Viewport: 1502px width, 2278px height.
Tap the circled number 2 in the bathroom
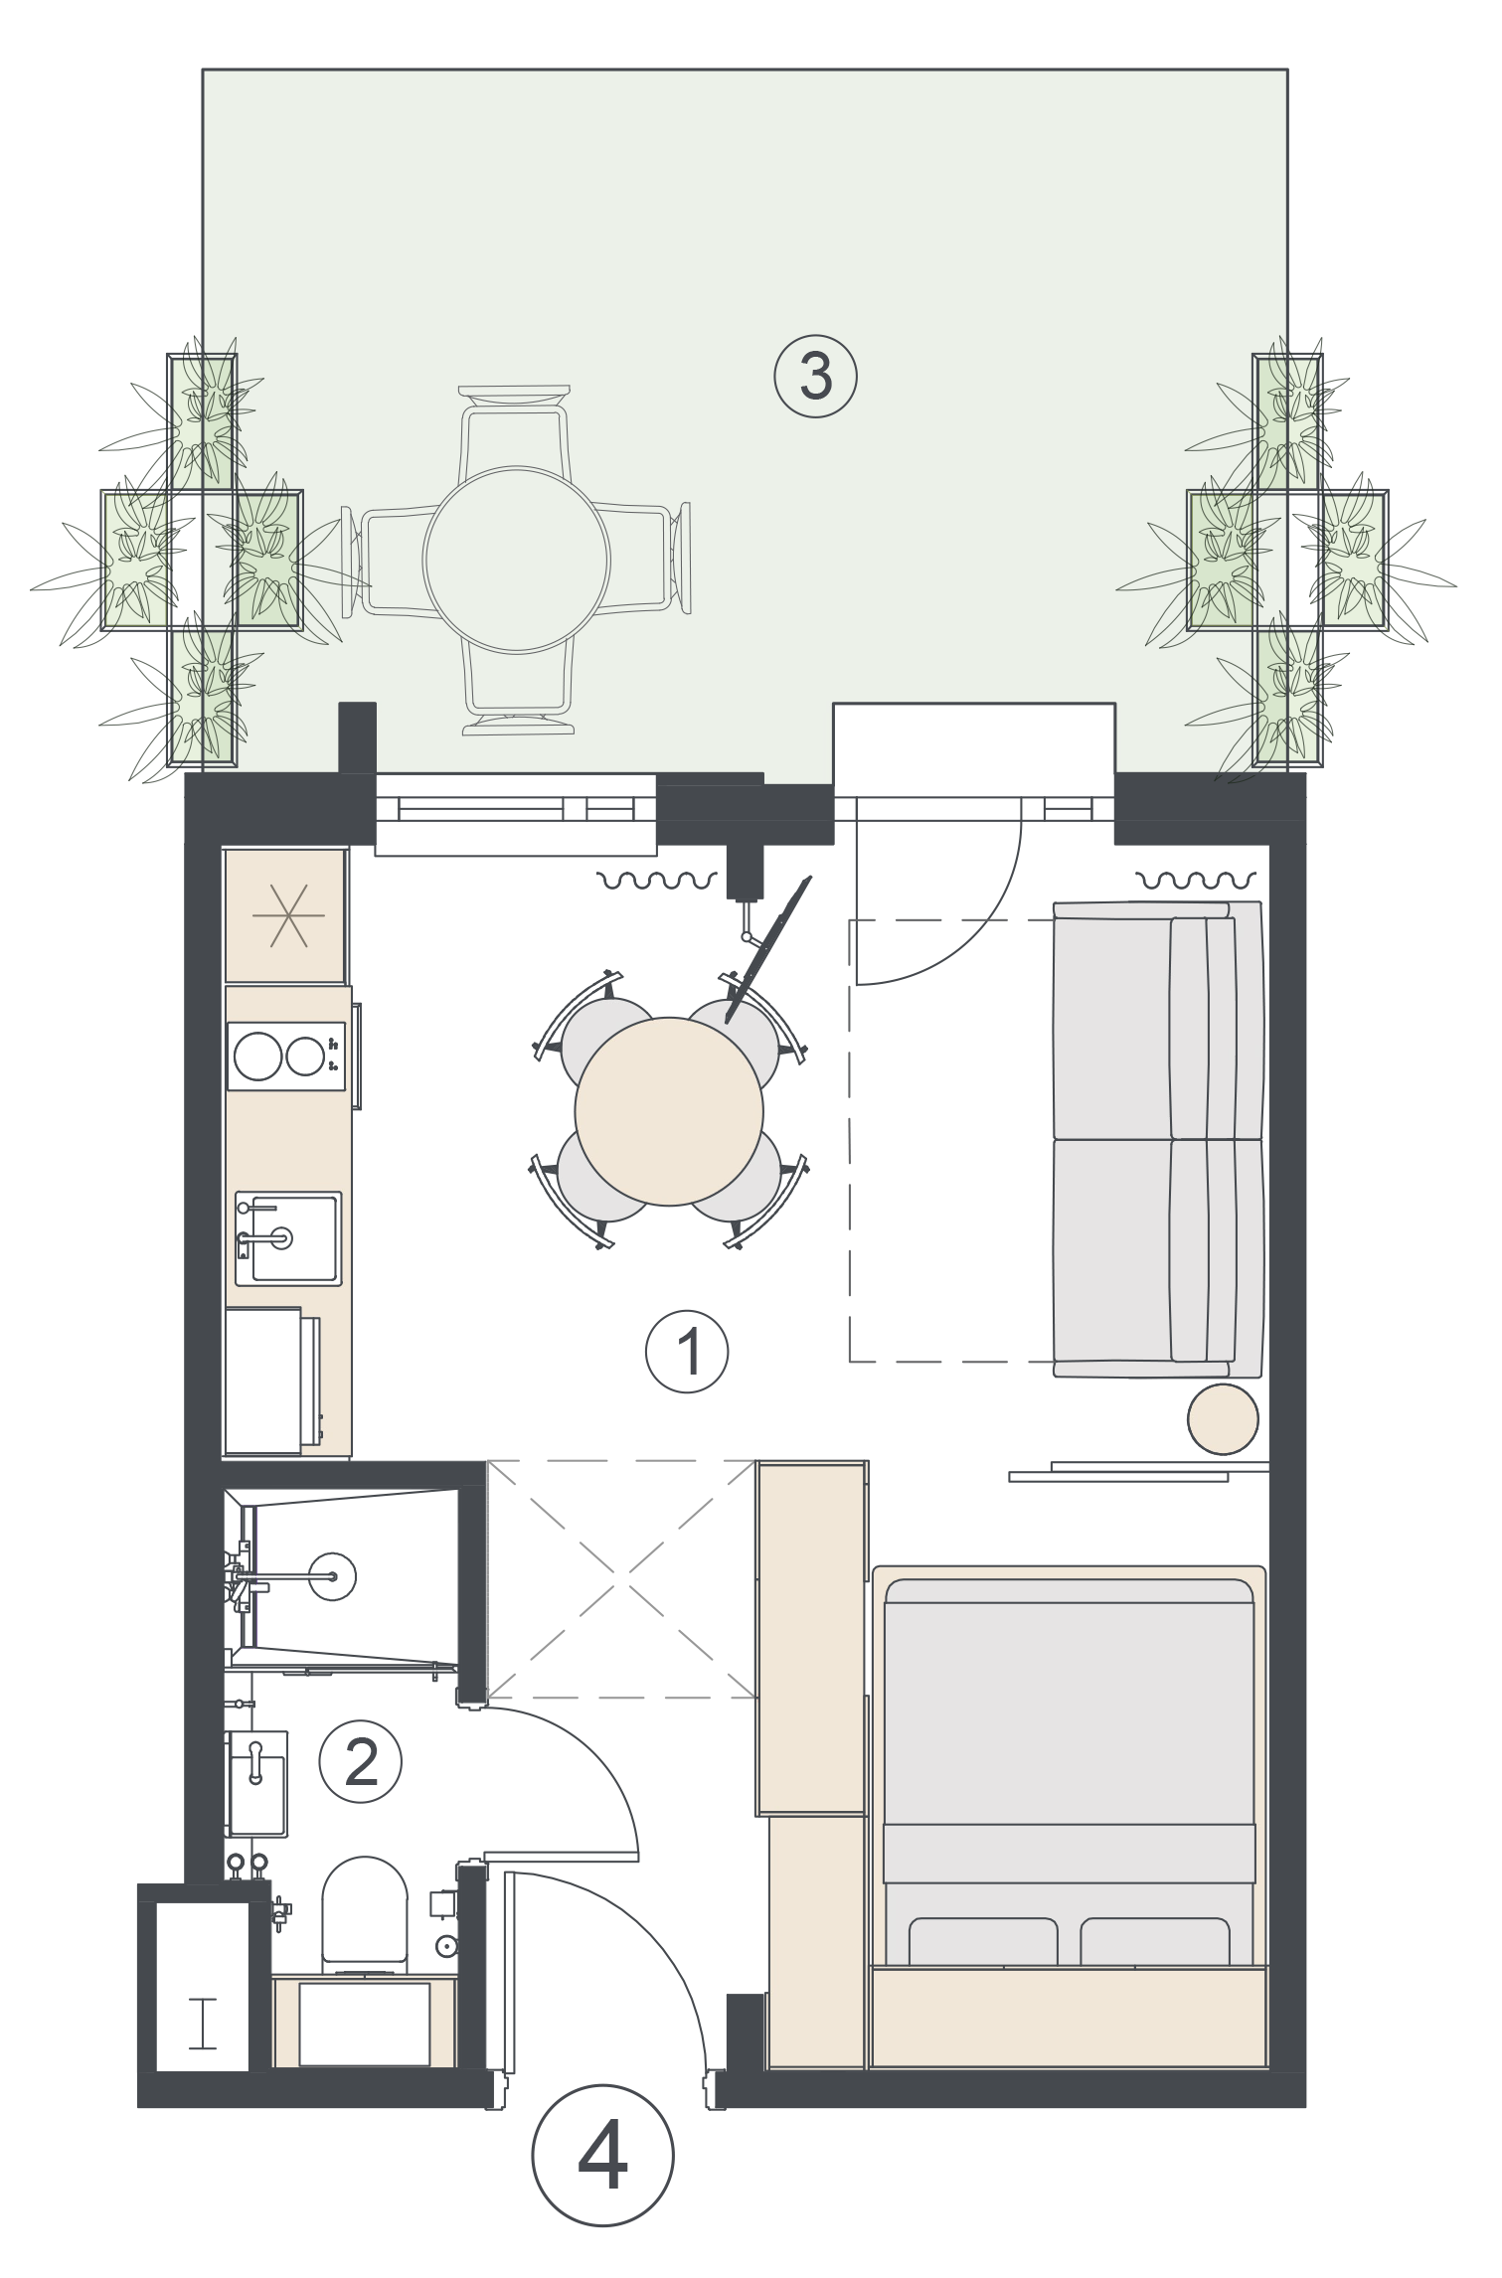[360, 1762]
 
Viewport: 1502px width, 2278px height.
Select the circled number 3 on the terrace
[815, 377]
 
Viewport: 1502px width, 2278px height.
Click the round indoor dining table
[669, 1111]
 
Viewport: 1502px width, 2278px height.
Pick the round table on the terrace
[516, 560]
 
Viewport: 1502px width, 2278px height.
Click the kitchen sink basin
[288, 1238]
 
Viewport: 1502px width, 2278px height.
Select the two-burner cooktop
[286, 1056]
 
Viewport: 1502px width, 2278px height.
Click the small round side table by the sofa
[1224, 1418]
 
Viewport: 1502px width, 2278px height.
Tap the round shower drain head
[332, 1575]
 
